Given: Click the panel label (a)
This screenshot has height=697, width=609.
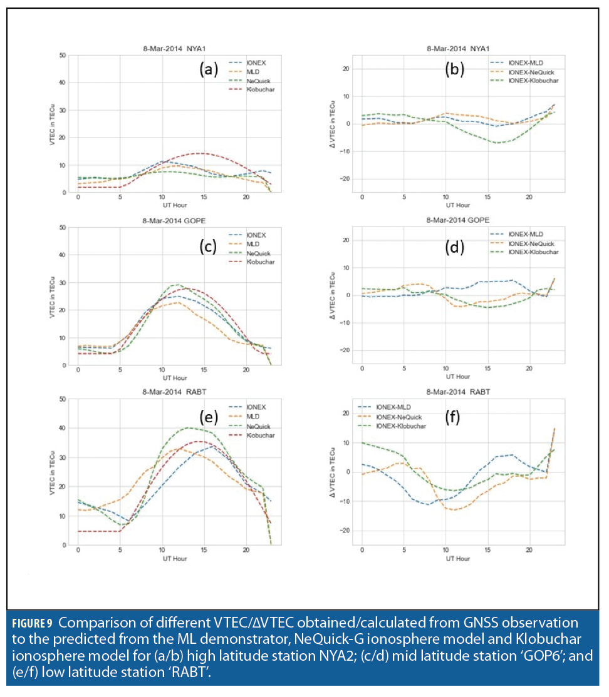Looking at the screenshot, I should click(x=208, y=69).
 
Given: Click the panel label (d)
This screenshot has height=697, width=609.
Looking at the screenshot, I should click(x=454, y=247).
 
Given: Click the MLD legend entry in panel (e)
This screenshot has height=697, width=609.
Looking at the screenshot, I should click(x=254, y=417).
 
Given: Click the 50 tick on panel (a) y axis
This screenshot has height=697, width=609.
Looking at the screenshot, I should click(x=63, y=56).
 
